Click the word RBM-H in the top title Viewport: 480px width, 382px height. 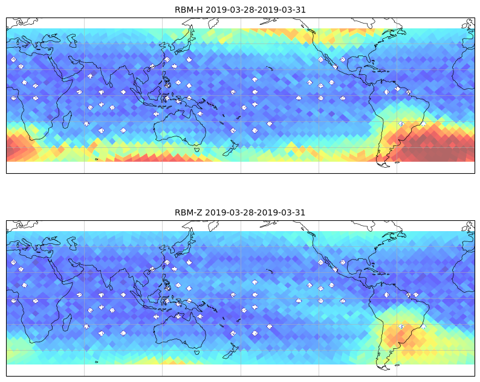(x=189, y=10)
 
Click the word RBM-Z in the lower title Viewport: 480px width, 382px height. (x=188, y=212)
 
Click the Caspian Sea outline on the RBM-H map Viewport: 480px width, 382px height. (x=72, y=40)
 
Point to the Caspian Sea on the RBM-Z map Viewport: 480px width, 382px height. (x=72, y=243)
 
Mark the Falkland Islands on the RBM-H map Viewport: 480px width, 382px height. (x=397, y=162)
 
